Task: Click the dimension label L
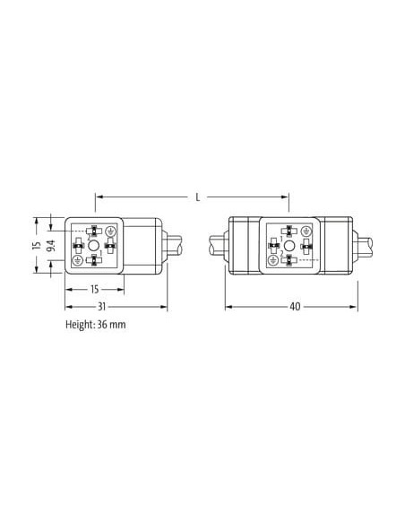coord(198,197)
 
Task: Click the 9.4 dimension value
coord(51,246)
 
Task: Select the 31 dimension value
coord(101,307)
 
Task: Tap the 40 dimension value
coord(295,307)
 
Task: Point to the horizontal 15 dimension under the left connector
coord(95,289)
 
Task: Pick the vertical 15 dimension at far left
coord(37,246)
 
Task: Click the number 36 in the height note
coord(102,324)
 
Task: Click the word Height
coord(80,325)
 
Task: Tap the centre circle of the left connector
coord(94,246)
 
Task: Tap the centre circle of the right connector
coord(289,246)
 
